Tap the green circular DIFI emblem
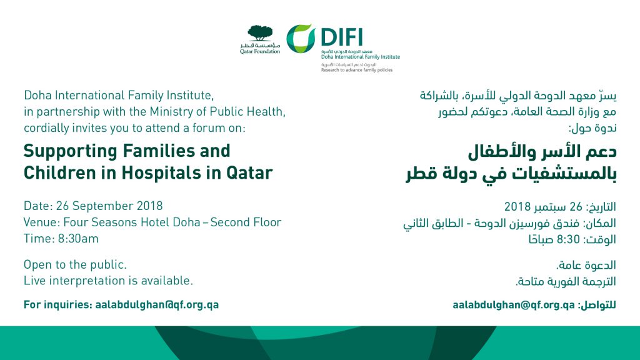click(x=301, y=39)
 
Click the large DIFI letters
click(x=342, y=37)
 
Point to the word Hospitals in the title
click(x=161, y=173)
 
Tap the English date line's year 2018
click(x=150, y=206)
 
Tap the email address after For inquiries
click(x=157, y=305)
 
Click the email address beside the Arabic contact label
click(x=514, y=305)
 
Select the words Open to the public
click(x=75, y=265)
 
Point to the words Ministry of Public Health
click(x=217, y=111)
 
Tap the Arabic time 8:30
click(x=568, y=239)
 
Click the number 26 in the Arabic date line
click(x=576, y=206)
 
